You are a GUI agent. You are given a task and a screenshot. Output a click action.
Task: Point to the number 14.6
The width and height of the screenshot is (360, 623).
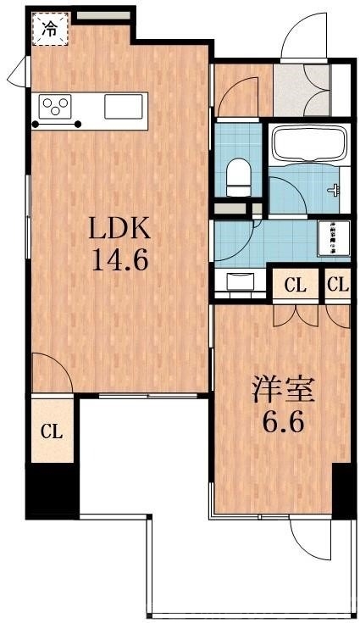121,258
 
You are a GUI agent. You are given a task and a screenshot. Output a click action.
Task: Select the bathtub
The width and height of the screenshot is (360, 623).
307,141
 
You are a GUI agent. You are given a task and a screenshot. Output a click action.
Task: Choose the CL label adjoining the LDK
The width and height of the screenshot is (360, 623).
53,431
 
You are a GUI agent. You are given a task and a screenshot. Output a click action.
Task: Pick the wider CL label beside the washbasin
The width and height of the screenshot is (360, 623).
295,285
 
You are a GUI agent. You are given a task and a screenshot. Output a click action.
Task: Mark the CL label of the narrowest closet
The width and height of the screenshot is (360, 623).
337,285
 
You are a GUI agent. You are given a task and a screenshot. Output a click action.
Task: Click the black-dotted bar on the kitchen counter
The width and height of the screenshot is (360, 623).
57,125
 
